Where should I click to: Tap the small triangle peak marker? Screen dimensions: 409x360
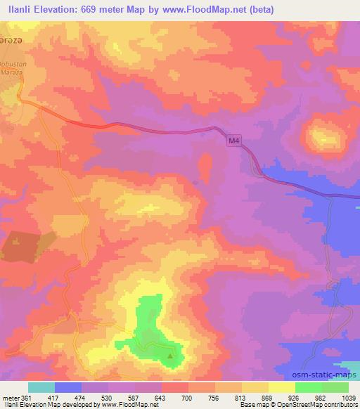tap(170, 356)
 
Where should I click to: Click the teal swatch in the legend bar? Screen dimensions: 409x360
tap(41, 387)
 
